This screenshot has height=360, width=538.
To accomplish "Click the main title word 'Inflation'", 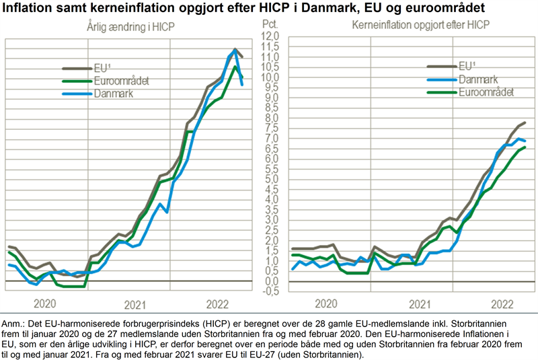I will tap(32, 9).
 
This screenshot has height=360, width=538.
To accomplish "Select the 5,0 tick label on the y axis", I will tap(270, 179).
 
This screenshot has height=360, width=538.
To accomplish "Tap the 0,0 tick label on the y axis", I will tap(270, 281).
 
